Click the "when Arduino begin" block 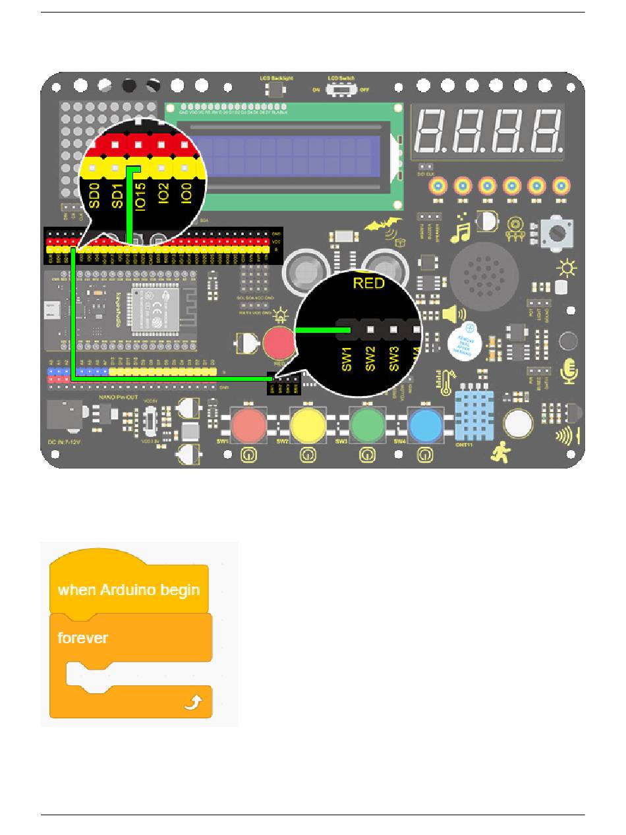(x=128, y=589)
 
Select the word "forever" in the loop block (x=83, y=638)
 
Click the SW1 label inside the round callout (x=347, y=357)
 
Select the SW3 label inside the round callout (x=394, y=357)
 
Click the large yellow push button (x=308, y=425)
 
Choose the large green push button (x=367, y=425)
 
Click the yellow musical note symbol (x=459, y=228)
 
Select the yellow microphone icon (x=568, y=371)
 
